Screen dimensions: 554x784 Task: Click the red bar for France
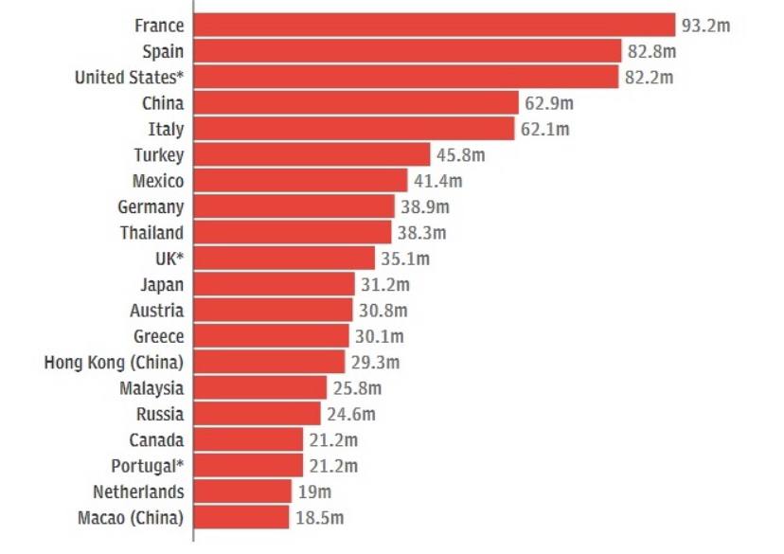point(435,26)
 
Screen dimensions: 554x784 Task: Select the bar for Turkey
point(312,154)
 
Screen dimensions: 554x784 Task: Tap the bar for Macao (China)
point(241,517)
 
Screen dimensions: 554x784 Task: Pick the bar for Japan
point(275,284)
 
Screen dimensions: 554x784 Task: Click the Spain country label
point(163,51)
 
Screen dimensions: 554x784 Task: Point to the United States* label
point(129,78)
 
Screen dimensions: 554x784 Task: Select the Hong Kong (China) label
point(114,362)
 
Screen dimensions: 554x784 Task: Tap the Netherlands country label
point(138,491)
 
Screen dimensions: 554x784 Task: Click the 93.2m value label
point(706,26)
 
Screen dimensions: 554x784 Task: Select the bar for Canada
point(249,439)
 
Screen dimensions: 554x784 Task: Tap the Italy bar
point(355,129)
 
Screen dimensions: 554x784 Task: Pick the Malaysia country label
point(151,387)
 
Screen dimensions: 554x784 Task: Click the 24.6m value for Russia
point(350,414)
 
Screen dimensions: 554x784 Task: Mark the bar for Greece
point(272,336)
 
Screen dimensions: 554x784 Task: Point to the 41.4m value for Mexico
point(437,181)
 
